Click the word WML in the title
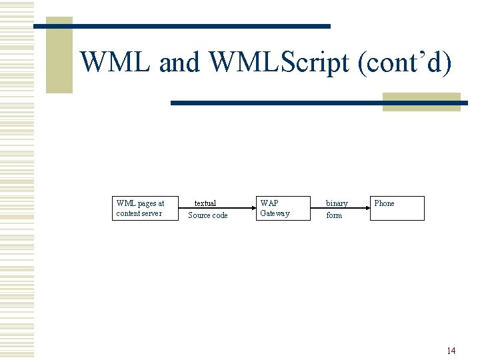coord(117,63)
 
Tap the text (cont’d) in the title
coord(405,63)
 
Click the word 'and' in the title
coord(179,63)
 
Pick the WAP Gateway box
coord(283,208)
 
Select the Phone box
coord(397,208)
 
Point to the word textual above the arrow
coord(205,203)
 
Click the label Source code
coord(208,215)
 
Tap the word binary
coord(337,203)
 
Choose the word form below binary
coord(334,215)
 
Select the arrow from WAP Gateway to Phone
coord(340,209)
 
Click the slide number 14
coord(451,351)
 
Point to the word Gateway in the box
coord(275,213)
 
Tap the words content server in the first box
coord(139,213)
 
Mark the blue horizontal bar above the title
coord(200,26)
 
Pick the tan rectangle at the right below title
coord(421,101)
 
